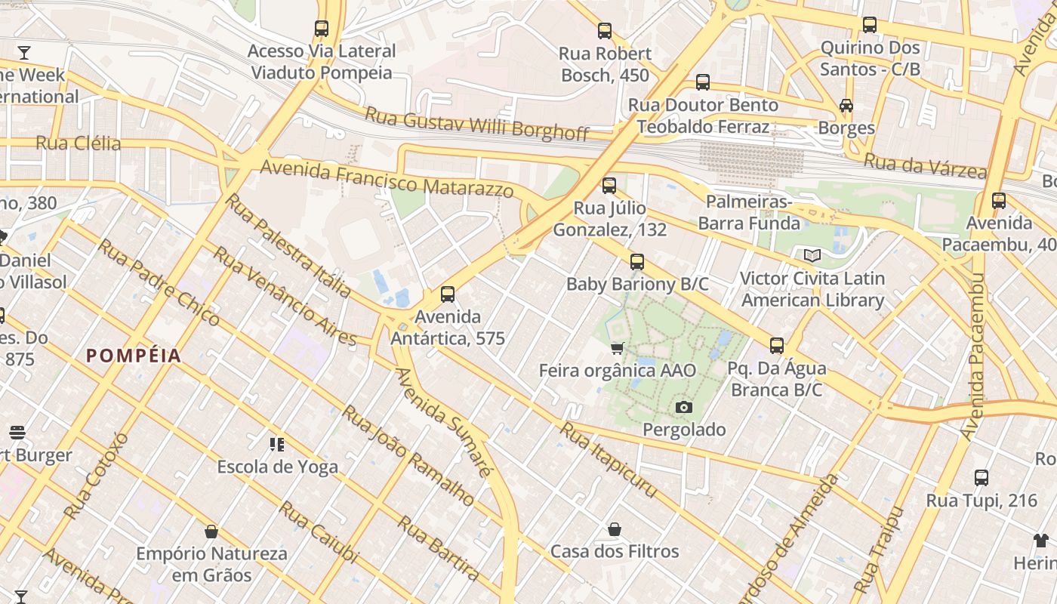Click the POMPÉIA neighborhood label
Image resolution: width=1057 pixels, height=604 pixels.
(134, 356)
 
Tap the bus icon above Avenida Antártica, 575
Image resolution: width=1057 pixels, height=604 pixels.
(448, 294)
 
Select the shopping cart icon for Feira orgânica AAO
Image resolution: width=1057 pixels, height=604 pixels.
(618, 348)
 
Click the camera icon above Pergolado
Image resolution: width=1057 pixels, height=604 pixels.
(684, 408)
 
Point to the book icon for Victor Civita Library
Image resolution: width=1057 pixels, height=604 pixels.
(812, 256)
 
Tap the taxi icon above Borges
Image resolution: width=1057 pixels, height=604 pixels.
(846, 106)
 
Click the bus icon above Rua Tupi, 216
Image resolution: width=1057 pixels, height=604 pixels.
(981, 478)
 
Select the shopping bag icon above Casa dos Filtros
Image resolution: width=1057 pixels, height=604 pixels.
(615, 529)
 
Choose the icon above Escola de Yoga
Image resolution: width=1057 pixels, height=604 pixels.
(277, 445)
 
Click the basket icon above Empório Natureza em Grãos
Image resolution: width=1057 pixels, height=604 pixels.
(211, 532)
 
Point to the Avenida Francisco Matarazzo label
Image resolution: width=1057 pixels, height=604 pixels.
(387, 178)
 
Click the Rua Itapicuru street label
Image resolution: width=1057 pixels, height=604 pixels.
(608, 460)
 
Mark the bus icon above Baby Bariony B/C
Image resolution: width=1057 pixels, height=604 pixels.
(637, 262)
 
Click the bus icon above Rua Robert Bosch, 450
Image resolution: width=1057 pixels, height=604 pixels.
(605, 31)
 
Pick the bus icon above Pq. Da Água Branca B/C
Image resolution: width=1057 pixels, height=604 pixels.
(777, 347)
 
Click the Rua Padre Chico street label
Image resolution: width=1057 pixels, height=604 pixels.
(159, 282)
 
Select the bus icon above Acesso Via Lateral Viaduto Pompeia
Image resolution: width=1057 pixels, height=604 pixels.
(322, 29)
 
